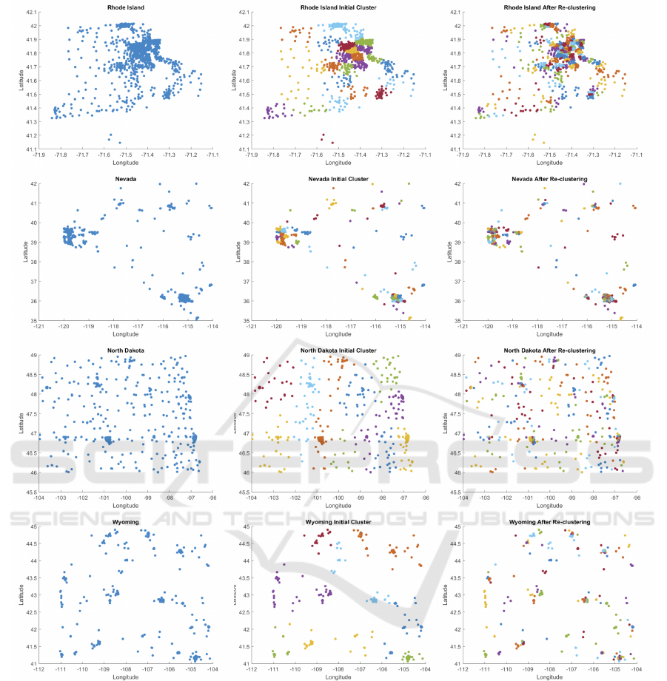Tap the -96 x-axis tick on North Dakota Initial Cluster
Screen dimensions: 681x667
[x=426, y=498]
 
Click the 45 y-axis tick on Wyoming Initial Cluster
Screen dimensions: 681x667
[x=244, y=526]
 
